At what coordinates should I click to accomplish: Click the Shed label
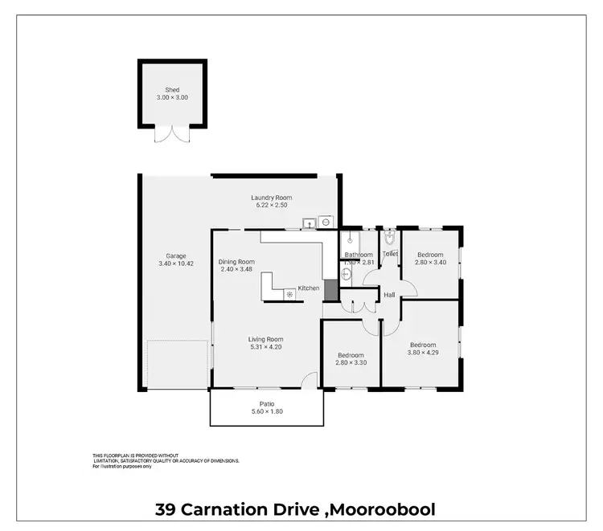tap(172, 90)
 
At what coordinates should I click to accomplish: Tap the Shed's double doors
tap(172, 133)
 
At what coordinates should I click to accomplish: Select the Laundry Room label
tap(271, 198)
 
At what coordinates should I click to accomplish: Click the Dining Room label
tap(236, 262)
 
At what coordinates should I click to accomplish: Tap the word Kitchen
tap(309, 288)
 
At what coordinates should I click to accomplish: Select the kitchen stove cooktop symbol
tap(289, 294)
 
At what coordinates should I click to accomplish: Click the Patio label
tap(267, 404)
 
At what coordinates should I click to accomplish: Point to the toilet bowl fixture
tap(390, 239)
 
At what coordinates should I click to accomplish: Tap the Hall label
tap(389, 295)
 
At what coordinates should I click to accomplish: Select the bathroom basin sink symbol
tap(346, 273)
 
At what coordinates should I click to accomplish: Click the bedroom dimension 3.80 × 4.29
tap(422, 353)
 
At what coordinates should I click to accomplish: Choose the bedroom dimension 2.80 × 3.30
tap(351, 362)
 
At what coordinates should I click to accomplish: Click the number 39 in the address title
tap(166, 509)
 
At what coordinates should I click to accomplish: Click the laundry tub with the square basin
tap(309, 223)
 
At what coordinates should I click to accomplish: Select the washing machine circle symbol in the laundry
tap(326, 222)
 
